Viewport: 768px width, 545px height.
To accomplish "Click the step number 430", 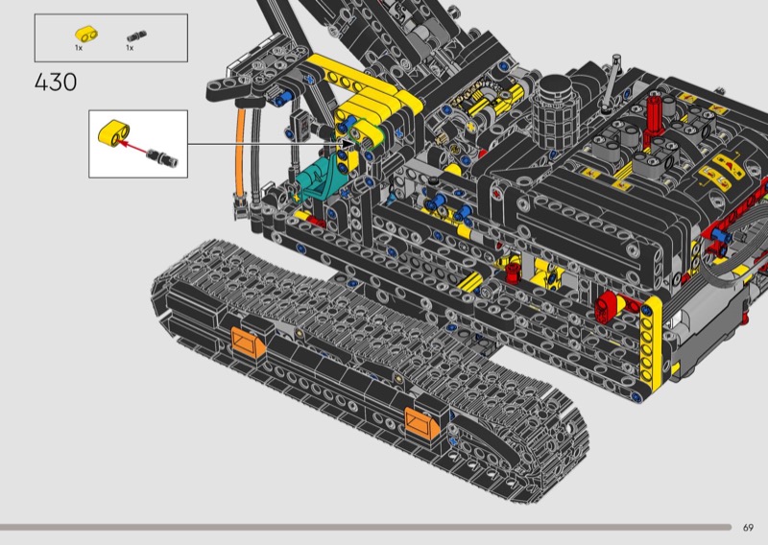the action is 56,83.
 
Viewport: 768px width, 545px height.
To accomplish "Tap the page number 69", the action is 748,528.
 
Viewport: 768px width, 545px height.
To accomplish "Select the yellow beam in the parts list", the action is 86,34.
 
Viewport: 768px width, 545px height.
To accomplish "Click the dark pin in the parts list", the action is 136,36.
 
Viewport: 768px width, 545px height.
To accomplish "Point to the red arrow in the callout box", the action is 132,147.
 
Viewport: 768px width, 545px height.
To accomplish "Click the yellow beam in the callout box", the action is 114,132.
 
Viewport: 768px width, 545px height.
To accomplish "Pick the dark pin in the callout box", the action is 161,157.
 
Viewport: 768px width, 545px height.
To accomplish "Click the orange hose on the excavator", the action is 239,155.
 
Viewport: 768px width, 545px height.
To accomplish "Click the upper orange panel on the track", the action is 248,342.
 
